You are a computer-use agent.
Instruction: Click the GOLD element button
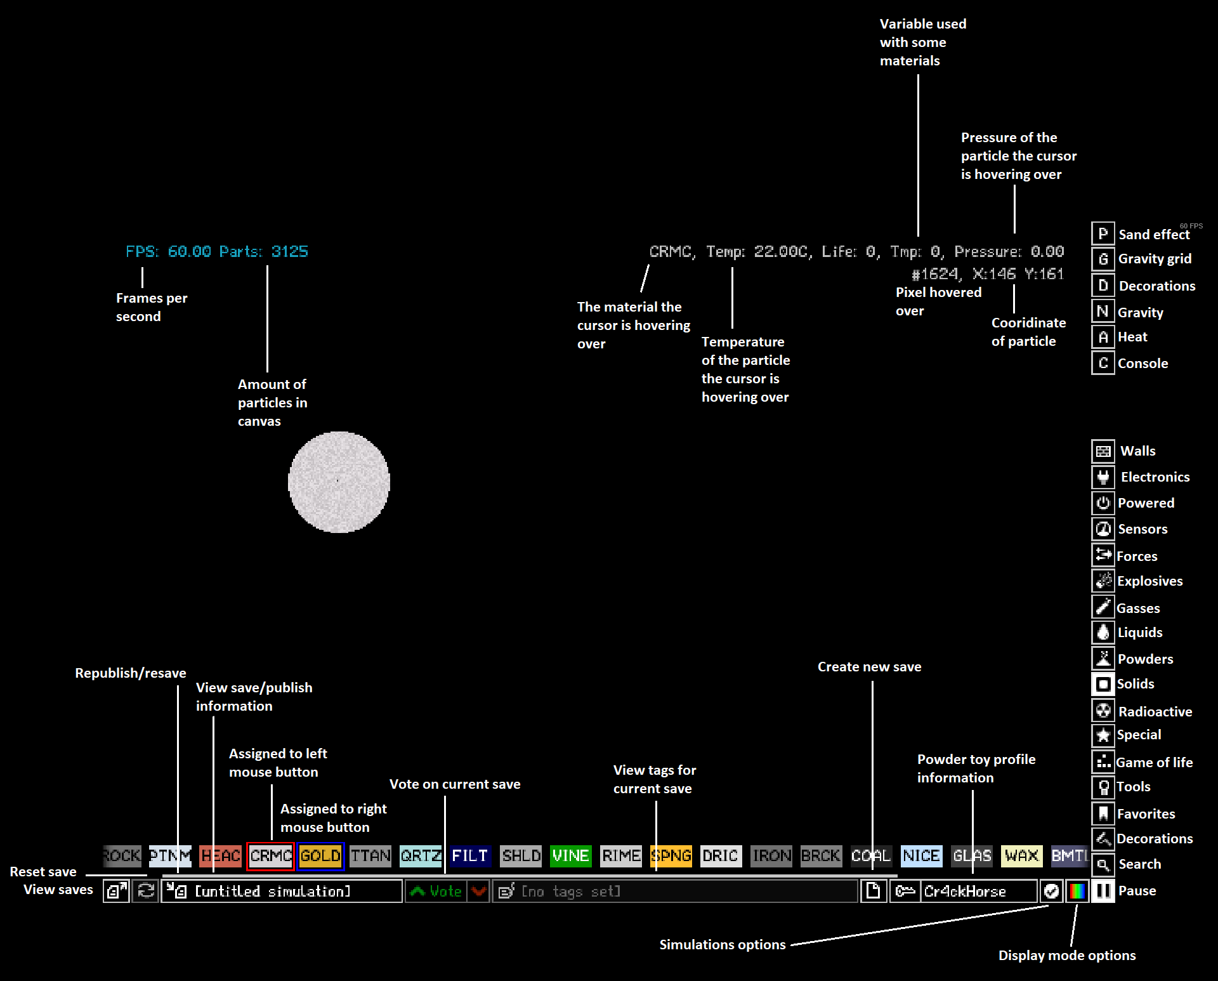pyautogui.click(x=320, y=856)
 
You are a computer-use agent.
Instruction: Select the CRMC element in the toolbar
pyautogui.click(x=270, y=856)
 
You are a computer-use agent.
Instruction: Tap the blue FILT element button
pyautogui.click(x=469, y=856)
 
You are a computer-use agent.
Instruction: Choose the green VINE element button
pyautogui.click(x=570, y=856)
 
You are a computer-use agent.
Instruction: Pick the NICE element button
pyautogui.click(x=921, y=856)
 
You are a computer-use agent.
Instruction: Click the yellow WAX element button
pyautogui.click(x=1021, y=856)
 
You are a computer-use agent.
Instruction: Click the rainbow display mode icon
pyautogui.click(x=1077, y=891)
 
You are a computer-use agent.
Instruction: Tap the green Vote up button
pyautogui.click(x=436, y=891)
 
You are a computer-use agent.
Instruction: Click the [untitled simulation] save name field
pyautogui.click(x=282, y=891)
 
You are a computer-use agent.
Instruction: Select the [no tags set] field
pyautogui.click(x=675, y=891)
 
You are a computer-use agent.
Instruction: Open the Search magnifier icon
pyautogui.click(x=1103, y=864)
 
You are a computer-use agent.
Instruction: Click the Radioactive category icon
pyautogui.click(x=1103, y=711)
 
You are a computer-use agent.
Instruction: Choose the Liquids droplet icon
pyautogui.click(x=1103, y=633)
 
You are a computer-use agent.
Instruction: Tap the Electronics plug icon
pyautogui.click(x=1103, y=477)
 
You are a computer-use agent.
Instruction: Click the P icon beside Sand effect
pyautogui.click(x=1103, y=234)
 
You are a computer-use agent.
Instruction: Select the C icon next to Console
pyautogui.click(x=1103, y=363)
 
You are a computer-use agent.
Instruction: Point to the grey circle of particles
pyautogui.click(x=339, y=482)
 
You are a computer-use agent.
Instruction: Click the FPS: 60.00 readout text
pyautogui.click(x=168, y=252)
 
